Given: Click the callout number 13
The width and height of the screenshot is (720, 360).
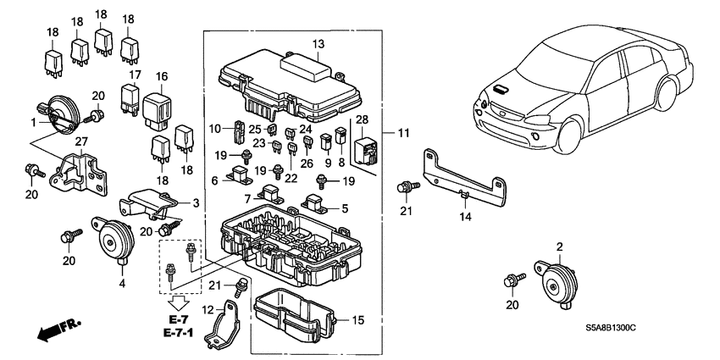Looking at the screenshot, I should tap(318, 43).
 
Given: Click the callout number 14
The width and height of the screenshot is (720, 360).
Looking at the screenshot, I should tap(463, 217).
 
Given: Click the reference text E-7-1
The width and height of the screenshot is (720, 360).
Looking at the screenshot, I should tap(179, 332).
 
